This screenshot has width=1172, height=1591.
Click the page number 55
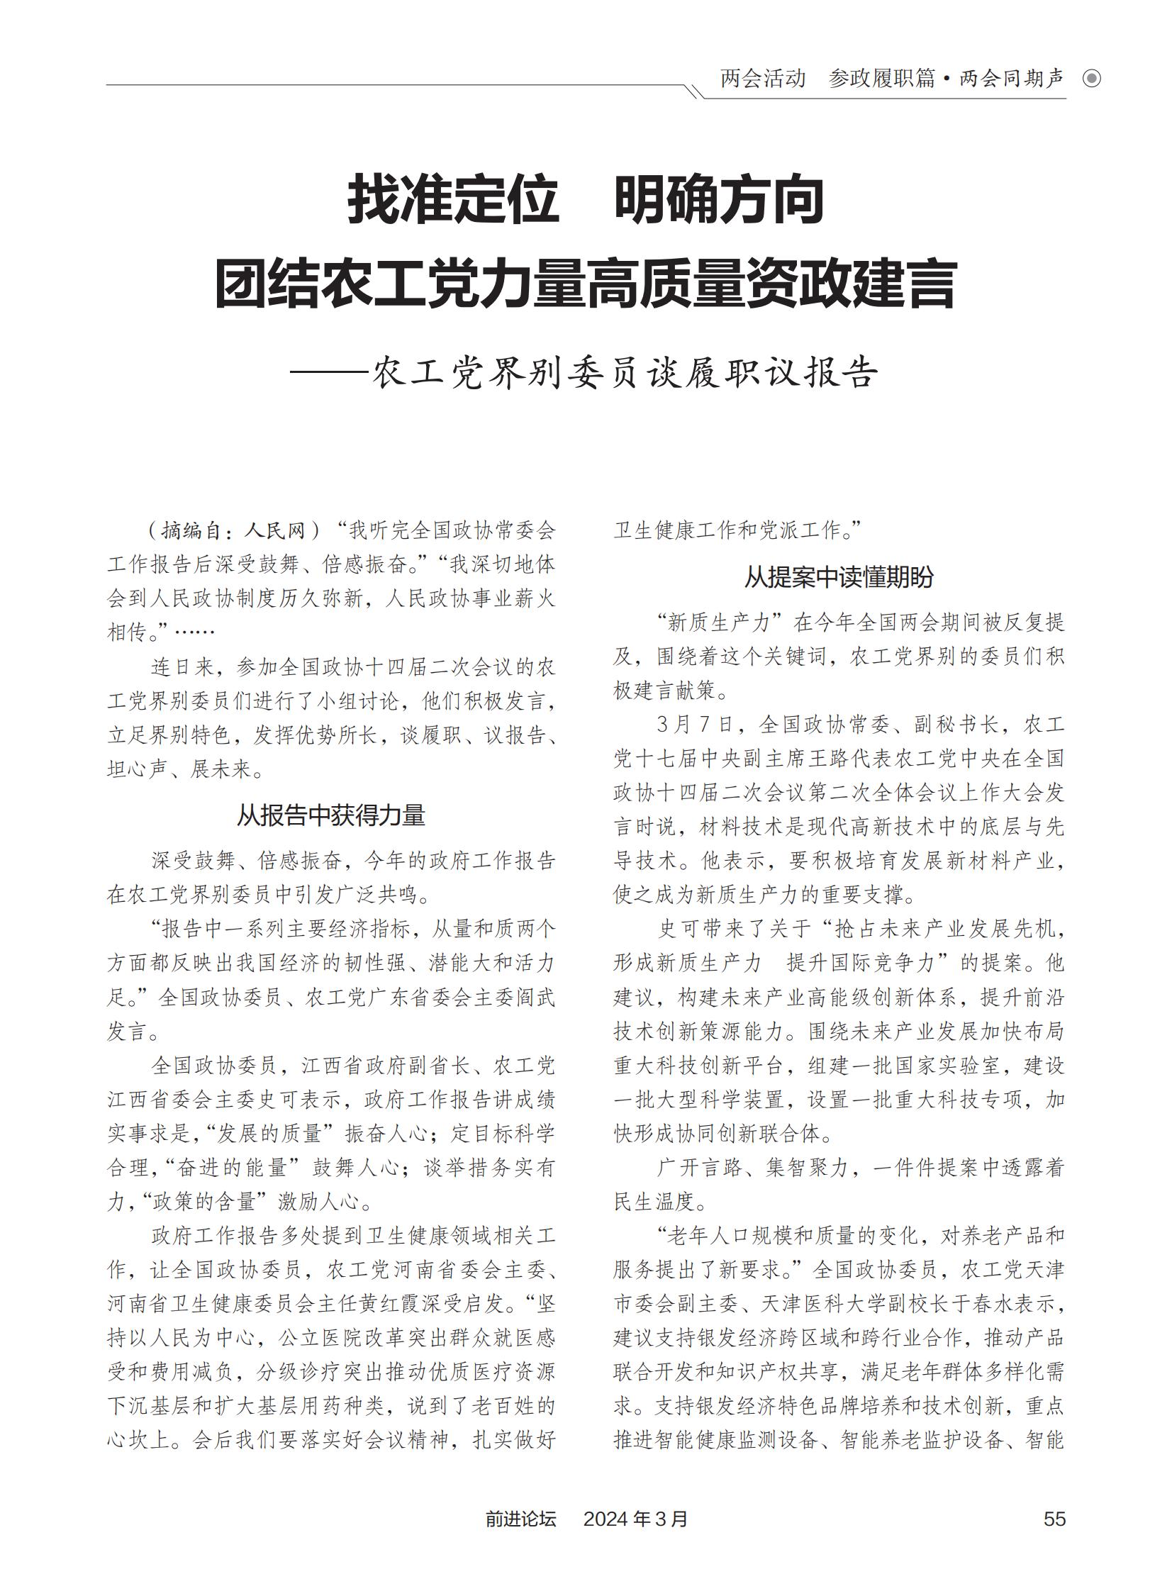pyautogui.click(x=1054, y=1519)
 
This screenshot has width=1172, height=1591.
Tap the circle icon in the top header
pyautogui.click(x=1092, y=79)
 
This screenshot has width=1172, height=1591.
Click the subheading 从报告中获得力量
pyautogui.click(x=330, y=815)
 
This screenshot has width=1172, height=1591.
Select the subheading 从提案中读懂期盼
pyautogui.click(x=839, y=577)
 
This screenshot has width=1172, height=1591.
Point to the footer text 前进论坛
pyautogui.click(x=520, y=1519)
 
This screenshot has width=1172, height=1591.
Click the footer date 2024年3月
pyautogui.click(x=635, y=1519)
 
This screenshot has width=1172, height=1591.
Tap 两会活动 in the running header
pyautogui.click(x=763, y=79)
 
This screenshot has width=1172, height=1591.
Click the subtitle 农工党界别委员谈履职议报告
pyautogui.click(x=625, y=372)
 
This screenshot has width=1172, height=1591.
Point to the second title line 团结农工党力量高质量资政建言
pyautogui.click(x=585, y=285)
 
